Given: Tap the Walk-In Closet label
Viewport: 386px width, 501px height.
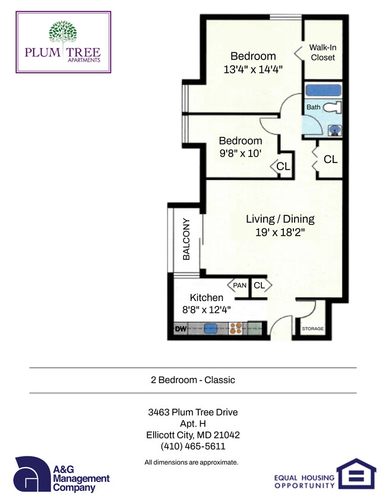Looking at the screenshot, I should pyautogui.click(x=322, y=52).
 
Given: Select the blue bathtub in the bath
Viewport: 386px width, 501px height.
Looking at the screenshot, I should pyautogui.click(x=324, y=91).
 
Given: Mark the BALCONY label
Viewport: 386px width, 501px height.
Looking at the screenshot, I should pyautogui.click(x=186, y=239).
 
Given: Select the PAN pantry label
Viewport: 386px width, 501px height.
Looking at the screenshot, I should pyautogui.click(x=239, y=286).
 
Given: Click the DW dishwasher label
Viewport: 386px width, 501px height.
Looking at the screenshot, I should pyautogui.click(x=181, y=327).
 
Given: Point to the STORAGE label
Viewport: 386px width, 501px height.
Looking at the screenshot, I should pyautogui.click(x=313, y=328).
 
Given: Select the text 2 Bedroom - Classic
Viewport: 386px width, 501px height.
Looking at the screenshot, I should pyautogui.click(x=193, y=380).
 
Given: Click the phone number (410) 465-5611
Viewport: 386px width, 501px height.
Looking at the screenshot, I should pyautogui.click(x=193, y=446).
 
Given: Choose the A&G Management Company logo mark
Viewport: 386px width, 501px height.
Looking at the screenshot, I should pyautogui.click(x=31, y=474).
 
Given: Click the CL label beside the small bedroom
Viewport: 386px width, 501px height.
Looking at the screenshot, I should pyautogui.click(x=283, y=167).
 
